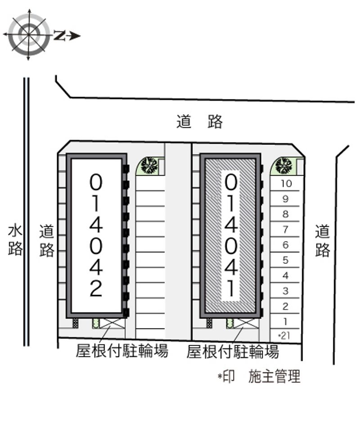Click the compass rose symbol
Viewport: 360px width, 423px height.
pyautogui.click(x=29, y=35)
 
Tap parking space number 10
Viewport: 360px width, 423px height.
pyautogui.click(x=286, y=184)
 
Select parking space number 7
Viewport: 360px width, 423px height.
pyautogui.click(x=286, y=229)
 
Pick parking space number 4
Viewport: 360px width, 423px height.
pyautogui.click(x=286, y=275)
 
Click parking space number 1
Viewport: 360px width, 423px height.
pyautogui.click(x=286, y=321)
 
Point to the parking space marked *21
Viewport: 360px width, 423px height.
pyautogui.click(x=285, y=336)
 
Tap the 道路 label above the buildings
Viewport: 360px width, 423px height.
pyautogui.click(x=200, y=121)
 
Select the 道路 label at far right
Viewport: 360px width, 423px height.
pyautogui.click(x=323, y=241)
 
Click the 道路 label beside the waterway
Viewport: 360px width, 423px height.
pyautogui.click(x=47, y=241)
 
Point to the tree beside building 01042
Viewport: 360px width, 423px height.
pyautogui.click(x=149, y=165)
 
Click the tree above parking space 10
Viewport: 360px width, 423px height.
pyautogui.click(x=283, y=166)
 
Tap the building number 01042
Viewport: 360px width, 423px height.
pyautogui.click(x=96, y=236)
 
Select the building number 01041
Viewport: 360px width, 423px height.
pyautogui.click(x=231, y=236)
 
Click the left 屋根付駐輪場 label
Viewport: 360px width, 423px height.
pyautogui.click(x=121, y=351)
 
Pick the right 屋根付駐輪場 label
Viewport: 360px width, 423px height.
pyautogui.click(x=233, y=351)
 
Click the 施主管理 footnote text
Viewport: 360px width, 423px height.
pyautogui.click(x=274, y=376)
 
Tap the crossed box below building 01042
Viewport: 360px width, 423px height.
pyautogui.click(x=112, y=323)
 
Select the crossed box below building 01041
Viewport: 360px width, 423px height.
pyautogui.click(x=246, y=323)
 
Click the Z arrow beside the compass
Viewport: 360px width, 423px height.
pyautogui.click(x=67, y=36)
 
